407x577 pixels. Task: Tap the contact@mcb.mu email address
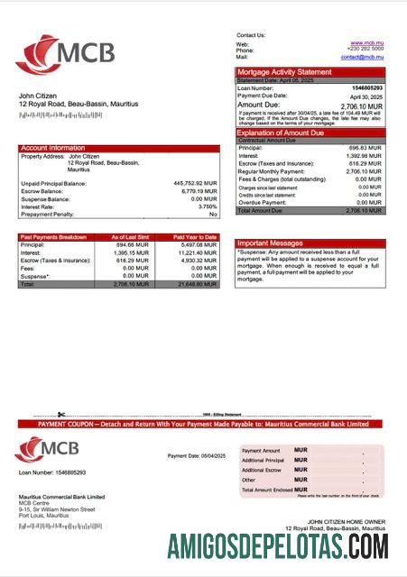(x=363, y=57)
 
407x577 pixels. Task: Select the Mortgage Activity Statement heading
(x=284, y=72)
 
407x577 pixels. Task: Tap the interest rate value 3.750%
(x=202, y=206)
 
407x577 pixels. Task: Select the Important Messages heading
(x=269, y=243)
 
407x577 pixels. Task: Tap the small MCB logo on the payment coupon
(x=45, y=449)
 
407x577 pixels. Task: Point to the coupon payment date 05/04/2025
(x=189, y=455)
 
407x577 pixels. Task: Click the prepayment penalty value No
(x=213, y=215)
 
